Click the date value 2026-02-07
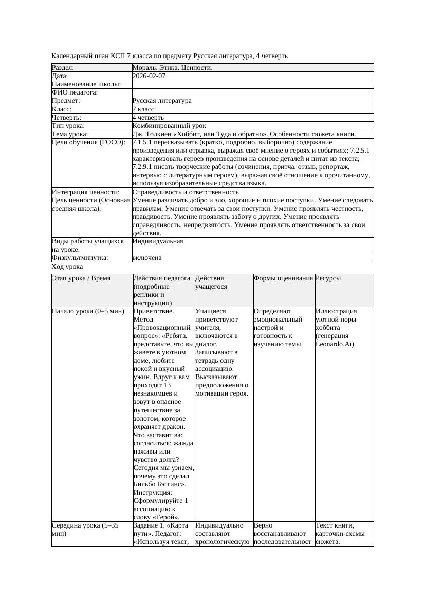pyautogui.click(x=149, y=76)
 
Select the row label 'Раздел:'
pyautogui.click(x=63, y=68)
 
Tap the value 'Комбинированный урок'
pyautogui.click(x=169, y=126)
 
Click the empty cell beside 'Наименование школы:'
pyautogui.click(x=252, y=84)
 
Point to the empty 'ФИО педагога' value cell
pyautogui.click(x=252, y=92)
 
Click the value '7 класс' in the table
pyautogui.click(x=143, y=109)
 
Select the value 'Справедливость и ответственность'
pyautogui.click(x=185, y=192)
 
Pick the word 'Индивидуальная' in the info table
pyautogui.click(x=157, y=241)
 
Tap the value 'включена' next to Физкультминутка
pyautogui.click(x=146, y=258)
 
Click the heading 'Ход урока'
pyautogui.click(x=67, y=267)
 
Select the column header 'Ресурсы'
pyautogui.click(x=328, y=278)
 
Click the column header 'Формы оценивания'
pyautogui.click(x=283, y=278)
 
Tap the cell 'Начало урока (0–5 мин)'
pyautogui.click(x=88, y=311)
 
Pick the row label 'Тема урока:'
pyautogui.click(x=70, y=134)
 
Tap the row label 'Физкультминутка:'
pyautogui.click(x=80, y=258)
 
